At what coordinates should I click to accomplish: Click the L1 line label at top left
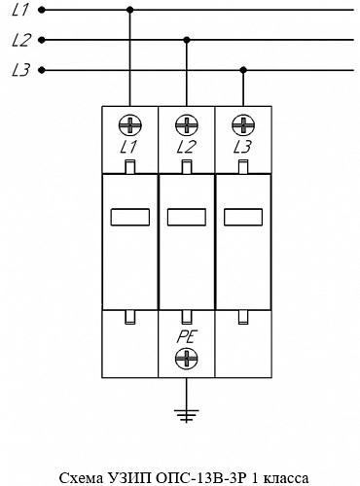[20, 10]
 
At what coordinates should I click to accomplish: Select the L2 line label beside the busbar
[21, 40]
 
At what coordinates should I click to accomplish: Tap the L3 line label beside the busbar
[21, 70]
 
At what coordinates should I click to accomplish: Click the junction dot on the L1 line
[130, 10]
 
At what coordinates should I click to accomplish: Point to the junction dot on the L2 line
[187, 40]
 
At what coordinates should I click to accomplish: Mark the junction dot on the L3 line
[243, 70]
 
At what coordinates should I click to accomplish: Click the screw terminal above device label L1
[130, 125]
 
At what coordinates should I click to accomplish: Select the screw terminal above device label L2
[187, 125]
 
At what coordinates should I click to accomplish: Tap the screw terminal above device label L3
[243, 125]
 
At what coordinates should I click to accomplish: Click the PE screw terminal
[187, 359]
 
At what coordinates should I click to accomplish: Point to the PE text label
[187, 337]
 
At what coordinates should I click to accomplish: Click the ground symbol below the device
[187, 416]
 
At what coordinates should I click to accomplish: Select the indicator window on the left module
[130, 217]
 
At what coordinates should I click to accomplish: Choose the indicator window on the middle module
[187, 217]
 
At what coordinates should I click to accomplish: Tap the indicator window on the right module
[243, 217]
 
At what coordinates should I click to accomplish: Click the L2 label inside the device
[187, 147]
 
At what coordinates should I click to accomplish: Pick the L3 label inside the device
[242, 147]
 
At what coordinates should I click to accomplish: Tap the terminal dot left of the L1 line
[42, 10]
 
